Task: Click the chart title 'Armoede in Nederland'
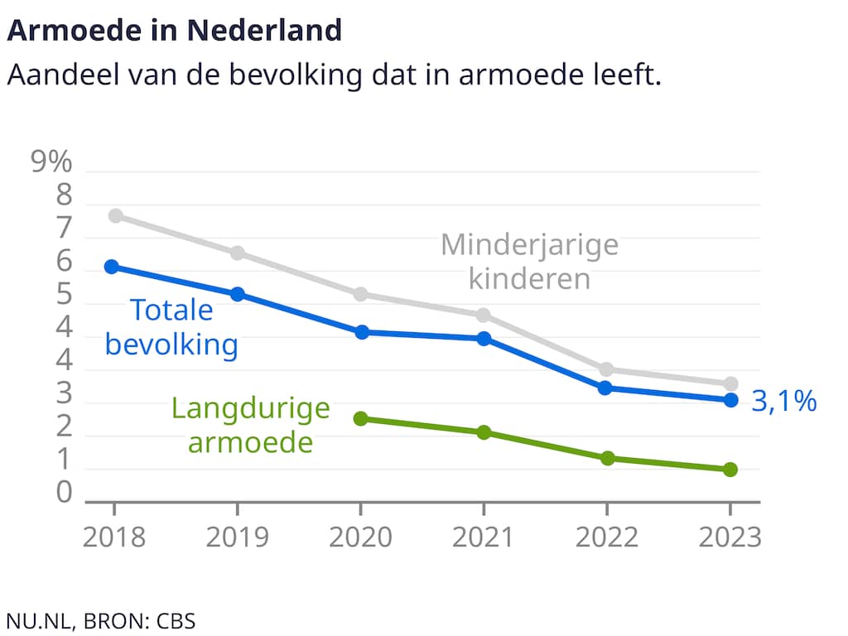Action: pos(174,31)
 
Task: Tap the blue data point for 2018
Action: pos(112,266)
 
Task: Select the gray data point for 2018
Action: pos(116,216)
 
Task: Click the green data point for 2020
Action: pos(360,419)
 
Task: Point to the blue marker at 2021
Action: pos(484,338)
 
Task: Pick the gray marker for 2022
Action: pos(606,369)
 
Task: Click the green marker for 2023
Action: pos(730,470)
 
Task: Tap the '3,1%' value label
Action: pos(784,402)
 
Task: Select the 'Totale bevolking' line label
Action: pos(171,327)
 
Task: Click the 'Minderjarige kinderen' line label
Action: pos(530,261)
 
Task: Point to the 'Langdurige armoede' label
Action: pos(251,425)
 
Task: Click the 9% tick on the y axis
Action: pos(51,163)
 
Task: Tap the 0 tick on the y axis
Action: pos(64,494)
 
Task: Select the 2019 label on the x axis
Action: pos(238,537)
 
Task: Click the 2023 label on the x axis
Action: pos(730,537)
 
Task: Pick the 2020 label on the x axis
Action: pos(360,537)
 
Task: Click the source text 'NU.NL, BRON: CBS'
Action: pos(101,620)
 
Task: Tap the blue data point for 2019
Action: pos(238,294)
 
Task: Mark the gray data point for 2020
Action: pos(360,295)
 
